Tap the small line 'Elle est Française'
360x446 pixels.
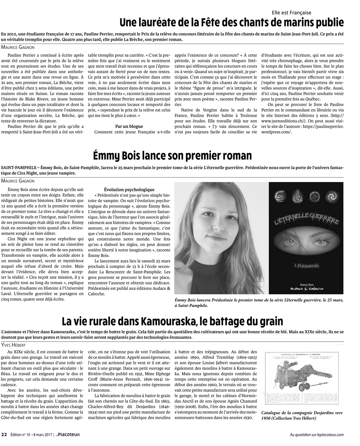292,12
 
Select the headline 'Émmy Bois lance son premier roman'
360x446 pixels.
172,156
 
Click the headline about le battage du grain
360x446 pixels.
172,320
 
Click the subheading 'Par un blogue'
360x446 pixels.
129,126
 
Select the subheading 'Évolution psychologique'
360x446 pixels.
129,189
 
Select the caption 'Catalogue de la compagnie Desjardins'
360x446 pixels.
302,415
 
